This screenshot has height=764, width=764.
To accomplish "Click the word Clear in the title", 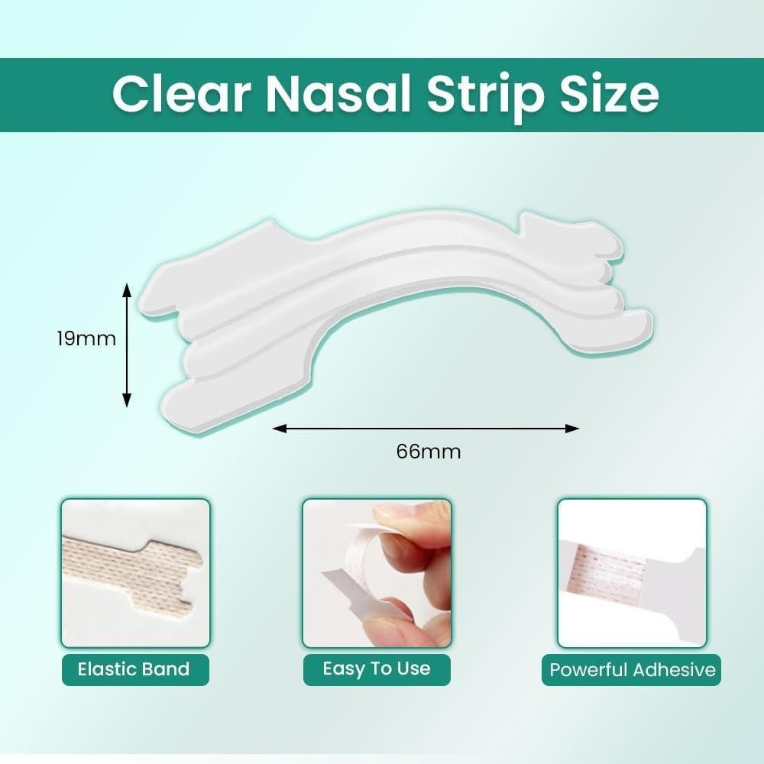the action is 182,93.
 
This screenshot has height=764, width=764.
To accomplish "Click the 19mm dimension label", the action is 86,338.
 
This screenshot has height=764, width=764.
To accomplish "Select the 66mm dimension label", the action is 429,452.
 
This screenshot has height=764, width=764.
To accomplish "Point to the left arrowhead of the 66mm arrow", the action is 279,429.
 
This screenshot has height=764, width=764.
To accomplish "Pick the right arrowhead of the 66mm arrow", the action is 572,429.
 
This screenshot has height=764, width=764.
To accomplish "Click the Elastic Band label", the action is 134,669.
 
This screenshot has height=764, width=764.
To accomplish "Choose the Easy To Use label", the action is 377,668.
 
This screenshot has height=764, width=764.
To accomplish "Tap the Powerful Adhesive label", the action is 633,669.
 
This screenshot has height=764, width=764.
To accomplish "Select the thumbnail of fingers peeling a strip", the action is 377,573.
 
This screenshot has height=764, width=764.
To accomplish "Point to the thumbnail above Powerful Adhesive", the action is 632,573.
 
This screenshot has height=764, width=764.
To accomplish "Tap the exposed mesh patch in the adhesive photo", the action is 611,570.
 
